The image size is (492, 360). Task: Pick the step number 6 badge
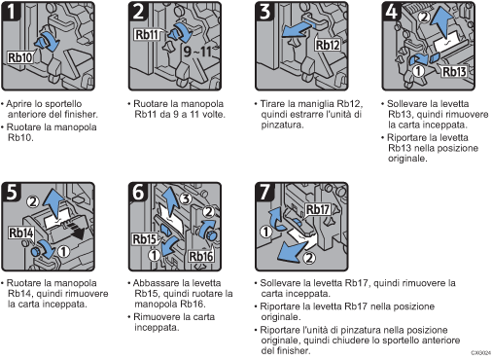point(140,193)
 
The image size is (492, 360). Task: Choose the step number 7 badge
point(264,193)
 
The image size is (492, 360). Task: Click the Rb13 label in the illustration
point(456,72)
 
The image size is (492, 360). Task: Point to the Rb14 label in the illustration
point(23,234)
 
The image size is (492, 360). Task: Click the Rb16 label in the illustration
point(203,258)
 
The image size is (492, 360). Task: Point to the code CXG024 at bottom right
point(477,354)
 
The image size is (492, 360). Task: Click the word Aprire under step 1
point(22,101)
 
